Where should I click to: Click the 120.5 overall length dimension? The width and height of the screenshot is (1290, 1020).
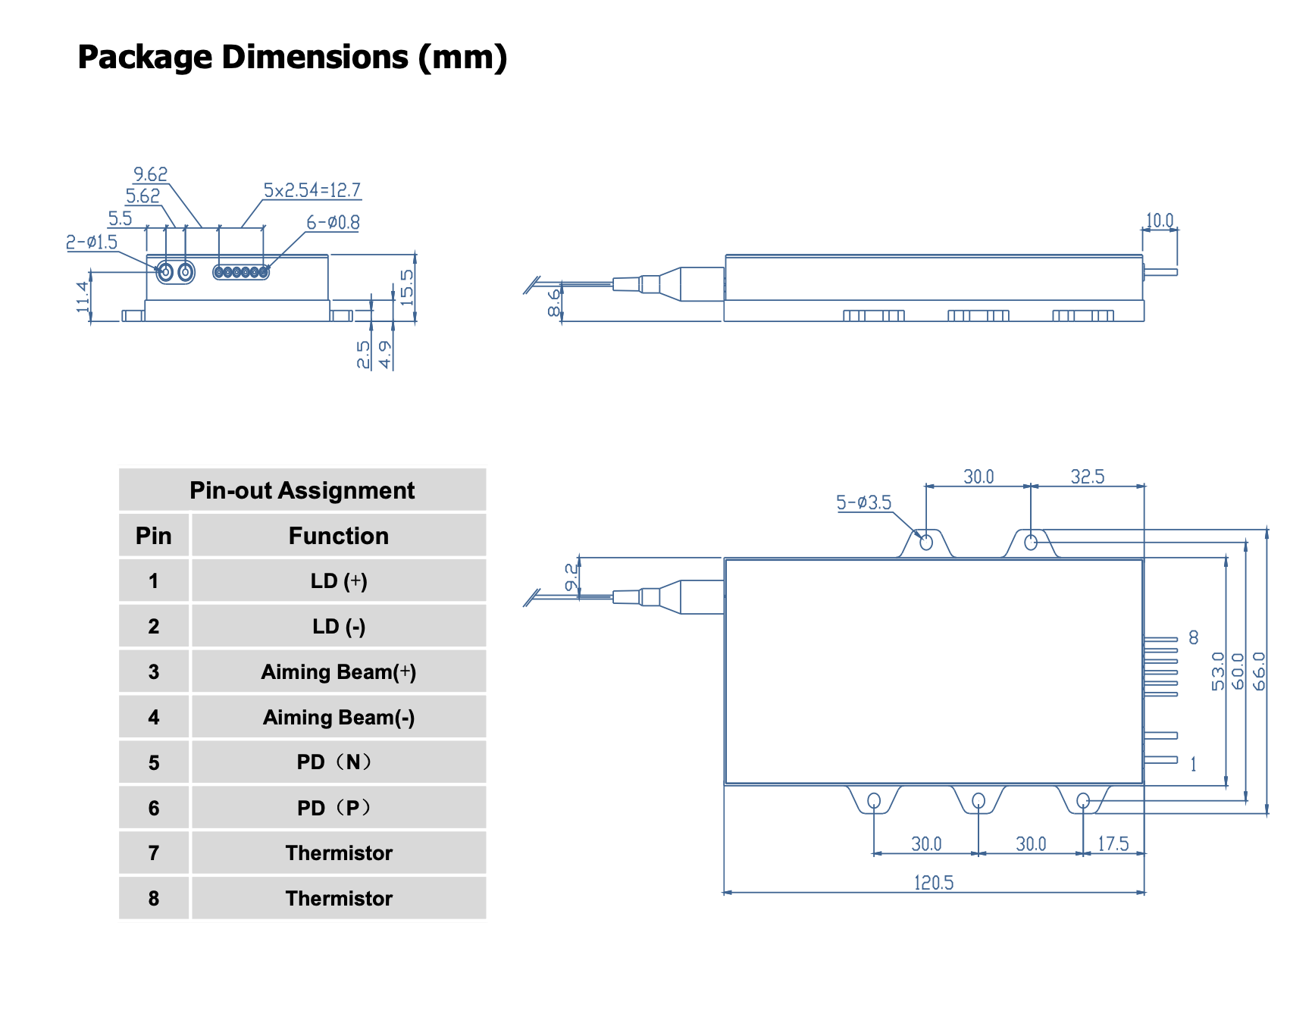pos(933,883)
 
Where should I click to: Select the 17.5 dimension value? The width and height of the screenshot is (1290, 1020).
pos(1113,843)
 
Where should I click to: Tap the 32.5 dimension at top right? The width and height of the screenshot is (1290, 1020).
pos(1087,477)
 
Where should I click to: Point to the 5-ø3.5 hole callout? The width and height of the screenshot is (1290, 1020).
pos(863,502)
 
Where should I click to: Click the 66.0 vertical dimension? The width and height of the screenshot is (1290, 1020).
pos(1259,671)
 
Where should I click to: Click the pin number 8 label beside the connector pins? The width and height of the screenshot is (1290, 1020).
pos(1194,638)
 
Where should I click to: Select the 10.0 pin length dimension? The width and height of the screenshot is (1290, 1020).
pos(1159,221)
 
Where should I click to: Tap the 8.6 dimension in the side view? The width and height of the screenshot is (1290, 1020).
pos(555,302)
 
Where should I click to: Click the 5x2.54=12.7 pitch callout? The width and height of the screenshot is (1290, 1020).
pos(312,190)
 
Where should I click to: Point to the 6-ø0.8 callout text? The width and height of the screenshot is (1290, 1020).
pos(333,223)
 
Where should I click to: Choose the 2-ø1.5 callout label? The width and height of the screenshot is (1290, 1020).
pos(92,242)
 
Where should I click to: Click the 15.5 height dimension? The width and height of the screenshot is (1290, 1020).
pos(407,287)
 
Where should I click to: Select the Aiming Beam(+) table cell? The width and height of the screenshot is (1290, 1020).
pos(338,672)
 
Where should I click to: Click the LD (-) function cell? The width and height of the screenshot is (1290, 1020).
pos(338,627)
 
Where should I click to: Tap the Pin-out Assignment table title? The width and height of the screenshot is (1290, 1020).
pos(302,490)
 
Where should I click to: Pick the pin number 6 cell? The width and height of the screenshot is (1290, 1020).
pos(154,808)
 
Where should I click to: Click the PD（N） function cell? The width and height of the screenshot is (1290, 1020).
pos(338,762)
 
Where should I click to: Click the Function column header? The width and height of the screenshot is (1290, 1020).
pos(338,536)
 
